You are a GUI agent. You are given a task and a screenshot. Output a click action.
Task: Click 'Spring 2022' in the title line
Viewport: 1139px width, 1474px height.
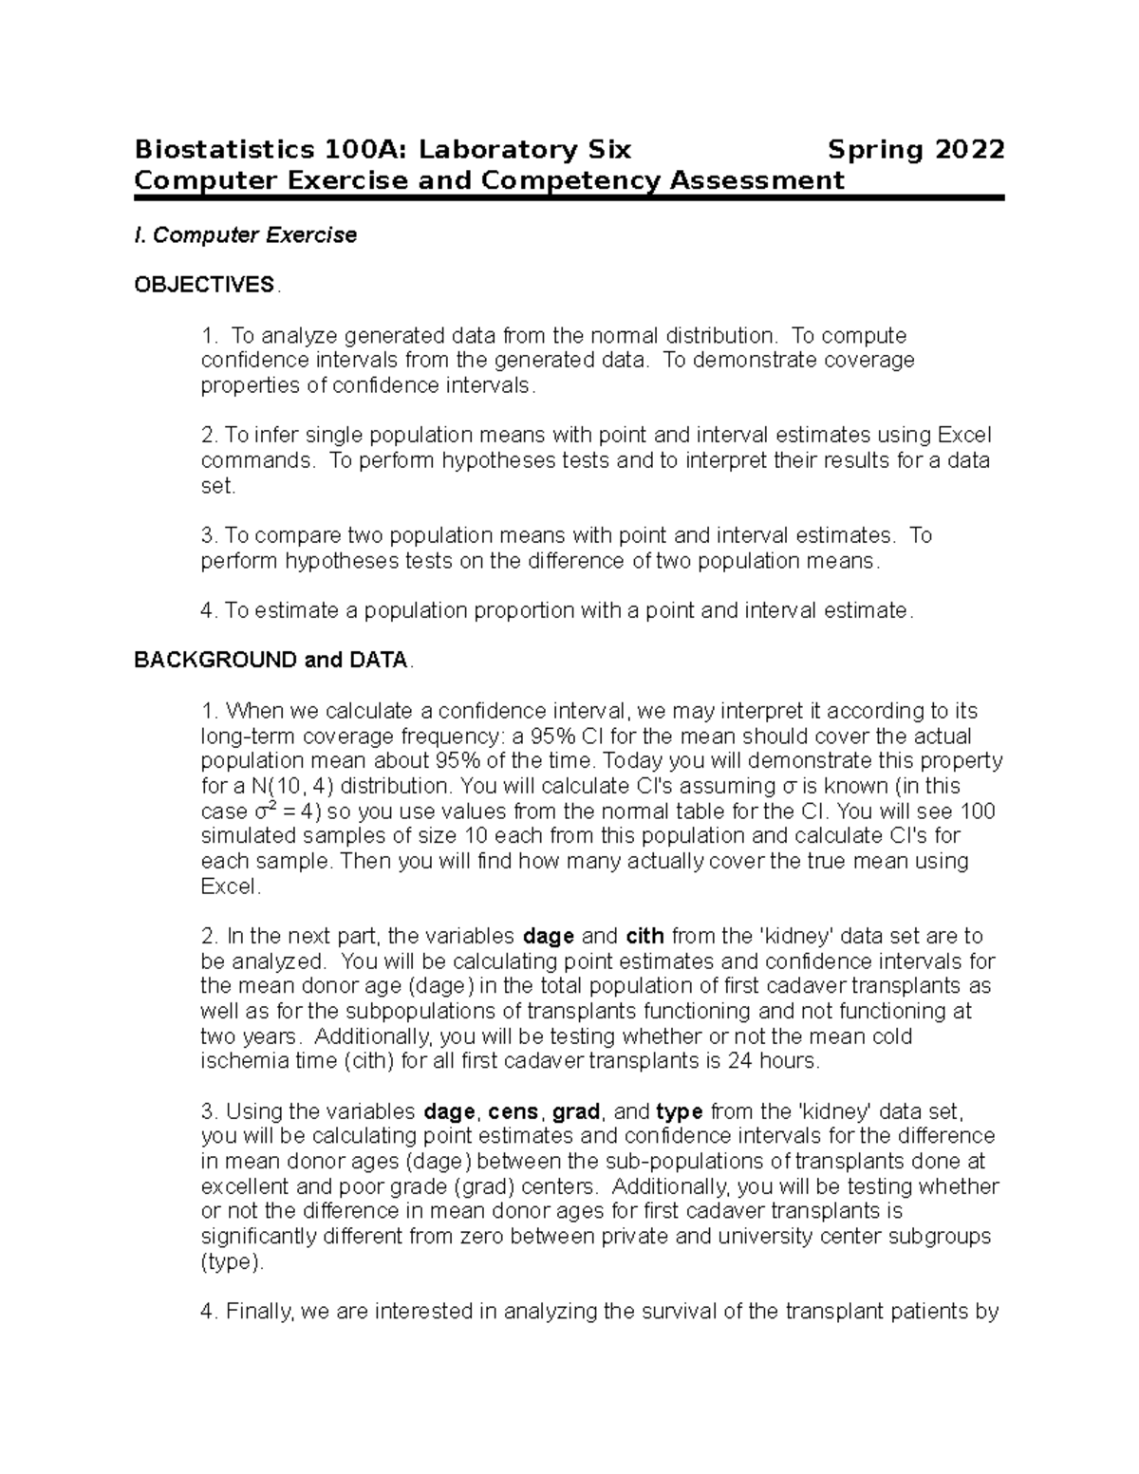click(x=915, y=150)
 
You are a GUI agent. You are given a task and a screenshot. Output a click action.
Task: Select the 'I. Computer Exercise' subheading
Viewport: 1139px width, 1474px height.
click(x=246, y=234)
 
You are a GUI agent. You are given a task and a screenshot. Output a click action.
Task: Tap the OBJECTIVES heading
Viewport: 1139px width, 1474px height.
click(x=205, y=285)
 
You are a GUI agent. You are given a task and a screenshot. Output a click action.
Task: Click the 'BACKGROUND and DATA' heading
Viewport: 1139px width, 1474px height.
click(x=271, y=661)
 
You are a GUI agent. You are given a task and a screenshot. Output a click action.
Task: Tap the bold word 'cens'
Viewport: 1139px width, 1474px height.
click(x=513, y=1111)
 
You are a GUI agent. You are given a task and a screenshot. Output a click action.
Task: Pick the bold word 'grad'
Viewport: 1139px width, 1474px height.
click(x=576, y=1111)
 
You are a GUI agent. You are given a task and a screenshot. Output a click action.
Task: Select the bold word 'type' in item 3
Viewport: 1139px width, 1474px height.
click(x=679, y=1111)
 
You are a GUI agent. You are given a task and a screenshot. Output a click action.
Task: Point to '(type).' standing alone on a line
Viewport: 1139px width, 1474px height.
click(x=232, y=1262)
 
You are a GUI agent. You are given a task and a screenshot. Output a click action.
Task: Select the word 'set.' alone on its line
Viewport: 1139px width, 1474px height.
click(x=217, y=486)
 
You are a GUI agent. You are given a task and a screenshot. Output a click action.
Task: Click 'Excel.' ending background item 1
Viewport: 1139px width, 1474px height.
click(x=229, y=886)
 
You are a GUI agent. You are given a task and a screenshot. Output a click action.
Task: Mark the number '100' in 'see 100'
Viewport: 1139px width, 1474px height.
click(x=977, y=812)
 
